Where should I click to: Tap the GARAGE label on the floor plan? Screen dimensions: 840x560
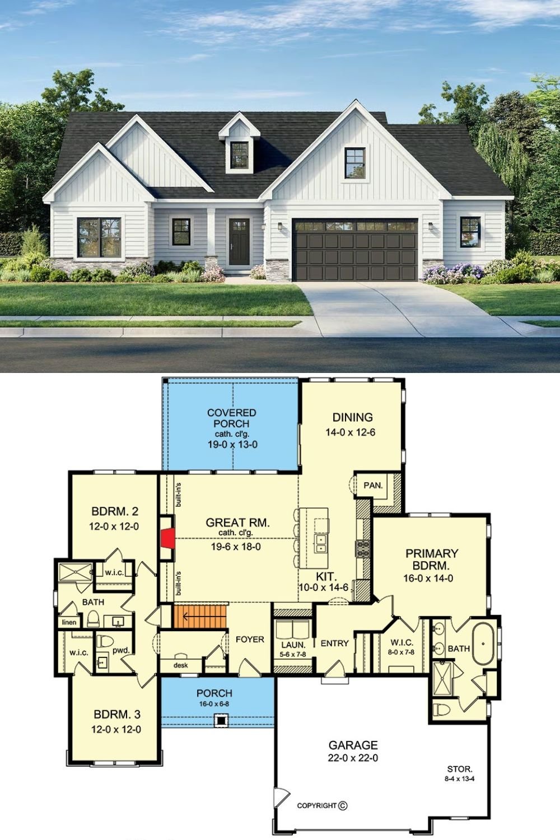pyautogui.click(x=353, y=745)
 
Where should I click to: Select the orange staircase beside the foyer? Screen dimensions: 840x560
pyautogui.click(x=200, y=616)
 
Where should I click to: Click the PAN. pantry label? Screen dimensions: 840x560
pyautogui.click(x=372, y=486)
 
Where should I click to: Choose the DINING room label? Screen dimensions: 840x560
pyautogui.click(x=352, y=417)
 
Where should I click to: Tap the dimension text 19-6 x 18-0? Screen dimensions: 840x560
pyautogui.click(x=236, y=547)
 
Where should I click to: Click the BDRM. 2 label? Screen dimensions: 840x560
pyautogui.click(x=115, y=511)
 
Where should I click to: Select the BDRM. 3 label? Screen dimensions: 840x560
pyautogui.click(x=116, y=715)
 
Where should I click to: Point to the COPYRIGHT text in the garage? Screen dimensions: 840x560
pyautogui.click(x=317, y=806)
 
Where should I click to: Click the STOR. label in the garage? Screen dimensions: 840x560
pyautogui.click(x=459, y=769)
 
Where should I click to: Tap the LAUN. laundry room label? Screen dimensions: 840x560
pyautogui.click(x=293, y=645)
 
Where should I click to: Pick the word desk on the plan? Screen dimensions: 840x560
pyautogui.click(x=180, y=665)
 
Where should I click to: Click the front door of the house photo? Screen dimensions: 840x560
pyautogui.click(x=239, y=241)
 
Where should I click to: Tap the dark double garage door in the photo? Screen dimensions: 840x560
pyautogui.click(x=355, y=250)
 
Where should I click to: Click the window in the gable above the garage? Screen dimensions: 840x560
pyautogui.click(x=354, y=163)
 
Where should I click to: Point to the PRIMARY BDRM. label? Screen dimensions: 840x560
pyautogui.click(x=431, y=559)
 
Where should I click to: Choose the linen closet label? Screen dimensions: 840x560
pyautogui.click(x=69, y=623)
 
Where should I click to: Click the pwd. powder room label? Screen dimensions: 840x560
pyautogui.click(x=121, y=651)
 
